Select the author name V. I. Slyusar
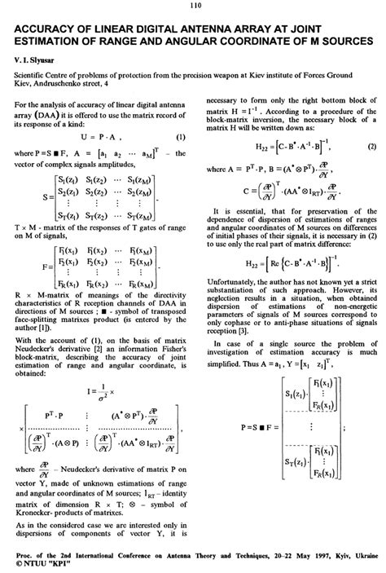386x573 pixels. pos(34,60)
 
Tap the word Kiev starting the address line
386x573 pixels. pos(20,84)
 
